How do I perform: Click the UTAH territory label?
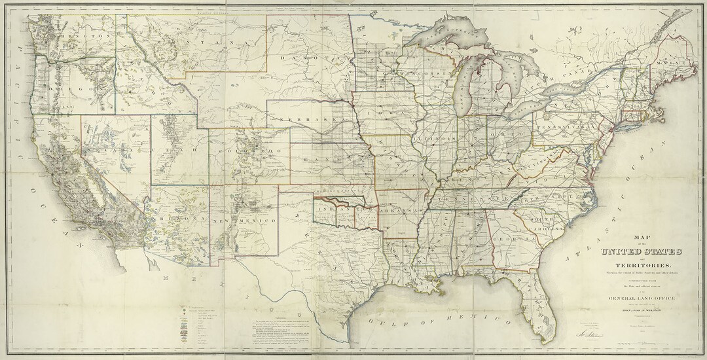[x=180, y=150]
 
